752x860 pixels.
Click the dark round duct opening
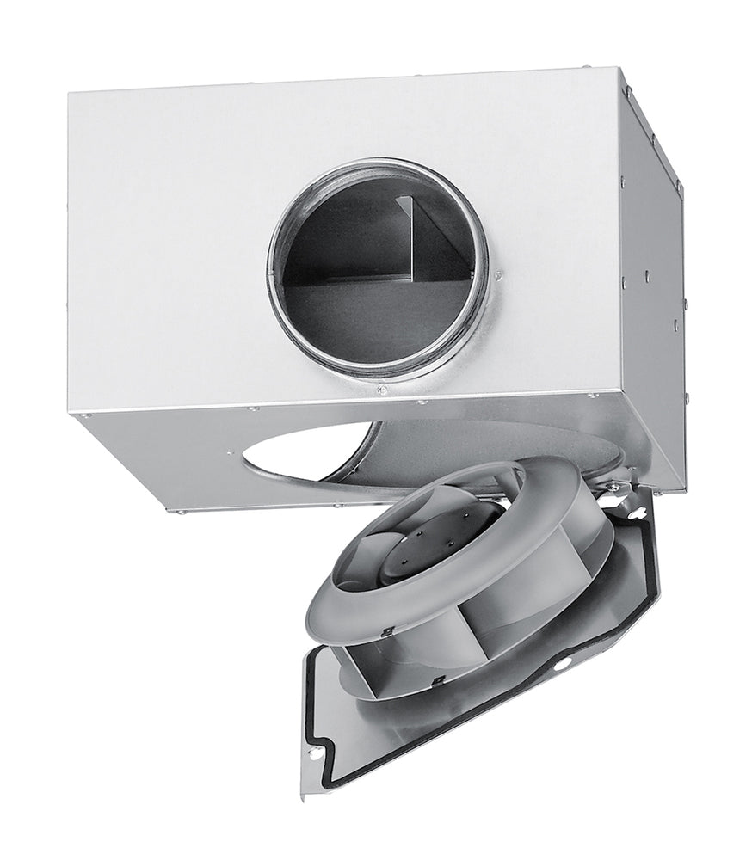(x=361, y=284)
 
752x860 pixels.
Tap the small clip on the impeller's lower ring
(x=439, y=684)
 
